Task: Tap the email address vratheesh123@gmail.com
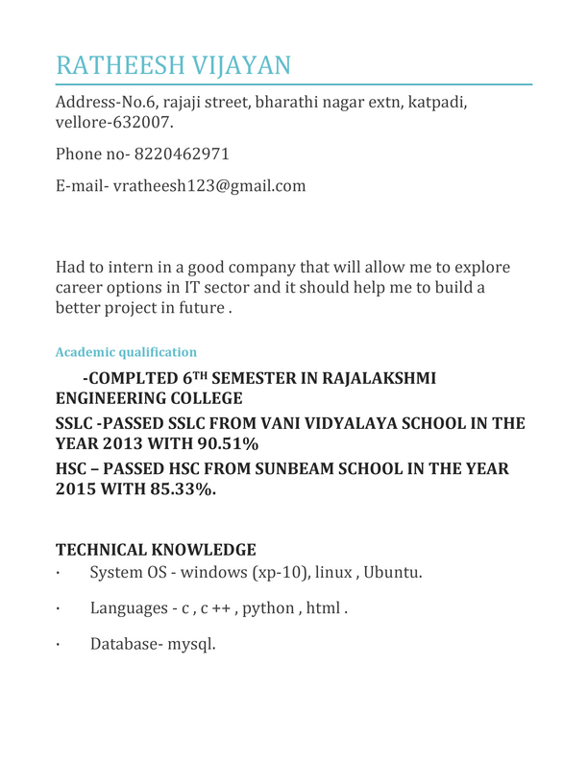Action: click(x=210, y=186)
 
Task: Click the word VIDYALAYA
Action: click(x=298, y=422)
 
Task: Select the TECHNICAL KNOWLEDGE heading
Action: click(x=156, y=550)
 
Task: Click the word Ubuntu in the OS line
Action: click(x=389, y=575)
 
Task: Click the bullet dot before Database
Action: click(x=59, y=644)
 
